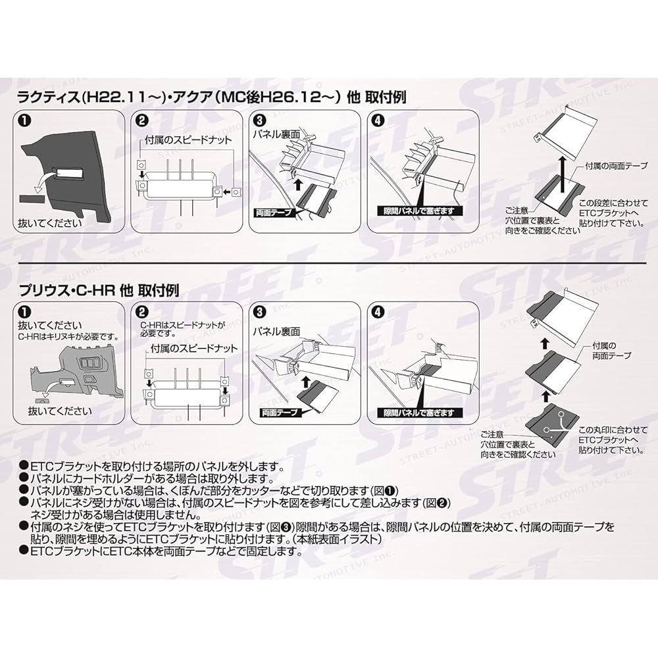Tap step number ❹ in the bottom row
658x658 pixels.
point(377,313)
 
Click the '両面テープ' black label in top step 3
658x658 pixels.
point(272,213)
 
